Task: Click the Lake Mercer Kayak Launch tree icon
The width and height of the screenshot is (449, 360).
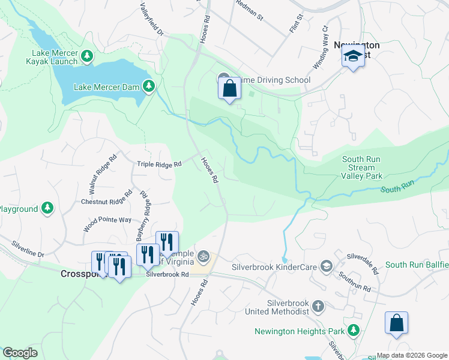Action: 88,56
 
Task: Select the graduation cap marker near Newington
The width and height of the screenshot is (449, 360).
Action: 353,58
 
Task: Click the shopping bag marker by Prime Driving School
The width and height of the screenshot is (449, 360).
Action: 229,89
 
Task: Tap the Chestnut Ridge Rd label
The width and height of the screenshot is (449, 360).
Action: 106,198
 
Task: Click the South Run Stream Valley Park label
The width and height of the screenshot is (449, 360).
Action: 362,168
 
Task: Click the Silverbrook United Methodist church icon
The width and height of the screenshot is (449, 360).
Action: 318,307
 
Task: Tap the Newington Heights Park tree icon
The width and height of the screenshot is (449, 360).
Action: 354,330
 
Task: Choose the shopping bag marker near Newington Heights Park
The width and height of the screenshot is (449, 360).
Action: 396,323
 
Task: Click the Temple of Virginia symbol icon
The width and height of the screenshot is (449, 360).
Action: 203,257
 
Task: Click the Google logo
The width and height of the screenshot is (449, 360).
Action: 20,353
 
